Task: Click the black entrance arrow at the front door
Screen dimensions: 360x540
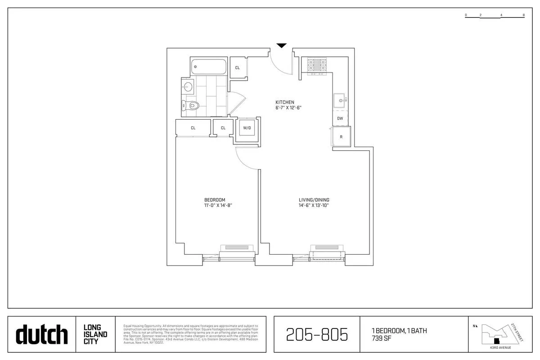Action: coord(281,45)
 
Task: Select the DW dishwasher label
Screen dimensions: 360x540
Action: coord(340,118)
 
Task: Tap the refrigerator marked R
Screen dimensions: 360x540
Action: coord(341,137)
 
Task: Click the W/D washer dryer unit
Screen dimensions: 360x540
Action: coord(247,128)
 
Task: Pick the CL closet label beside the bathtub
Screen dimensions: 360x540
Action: coord(237,68)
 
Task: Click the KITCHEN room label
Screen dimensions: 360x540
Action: coord(285,102)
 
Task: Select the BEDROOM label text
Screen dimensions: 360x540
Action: coord(215,200)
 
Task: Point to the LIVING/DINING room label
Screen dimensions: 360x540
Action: coord(314,200)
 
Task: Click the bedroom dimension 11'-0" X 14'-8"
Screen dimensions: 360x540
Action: coord(218,206)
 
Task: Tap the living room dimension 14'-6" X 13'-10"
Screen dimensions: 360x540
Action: coord(314,206)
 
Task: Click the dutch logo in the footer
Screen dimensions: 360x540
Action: coord(41,334)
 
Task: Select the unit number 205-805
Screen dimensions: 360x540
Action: coord(317,334)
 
